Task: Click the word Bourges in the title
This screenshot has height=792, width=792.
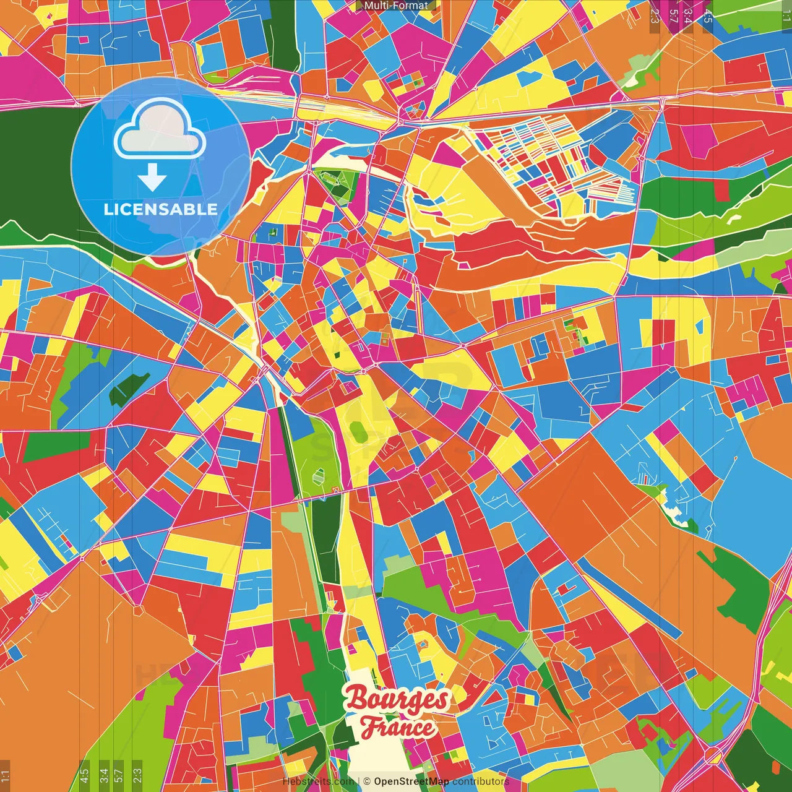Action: [397, 699]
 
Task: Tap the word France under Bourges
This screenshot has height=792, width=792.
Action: [398, 727]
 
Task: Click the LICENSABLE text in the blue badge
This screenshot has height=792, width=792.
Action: [160, 209]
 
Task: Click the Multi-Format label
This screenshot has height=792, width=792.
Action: [396, 6]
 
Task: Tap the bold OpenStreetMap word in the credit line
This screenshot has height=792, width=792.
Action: [411, 781]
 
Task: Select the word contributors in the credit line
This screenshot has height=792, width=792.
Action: [481, 781]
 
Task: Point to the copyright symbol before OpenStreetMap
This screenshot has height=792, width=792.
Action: [367, 781]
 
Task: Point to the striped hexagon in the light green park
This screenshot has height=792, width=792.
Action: [319, 476]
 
